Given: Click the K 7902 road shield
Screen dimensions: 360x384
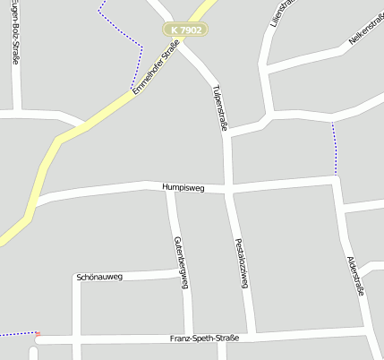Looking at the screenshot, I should pos(185,30).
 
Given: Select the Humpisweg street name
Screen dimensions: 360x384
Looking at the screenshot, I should pos(183,188).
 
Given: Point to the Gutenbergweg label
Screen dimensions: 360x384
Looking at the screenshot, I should pos(182,261).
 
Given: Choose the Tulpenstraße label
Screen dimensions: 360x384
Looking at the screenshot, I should pos(219,108).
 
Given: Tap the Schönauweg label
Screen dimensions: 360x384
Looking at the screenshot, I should pos(99,277).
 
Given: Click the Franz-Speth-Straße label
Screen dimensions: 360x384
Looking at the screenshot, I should pos(204,339).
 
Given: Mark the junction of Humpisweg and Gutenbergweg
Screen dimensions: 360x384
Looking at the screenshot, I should pos(170,188).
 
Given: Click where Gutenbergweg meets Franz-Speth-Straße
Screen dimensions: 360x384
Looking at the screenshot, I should pos(188,339).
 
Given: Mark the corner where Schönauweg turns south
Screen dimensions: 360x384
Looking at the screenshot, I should pos(76,278).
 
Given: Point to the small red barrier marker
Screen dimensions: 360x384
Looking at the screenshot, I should pos(37,335).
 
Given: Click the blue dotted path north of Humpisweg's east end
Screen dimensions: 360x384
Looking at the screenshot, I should pos(335,148).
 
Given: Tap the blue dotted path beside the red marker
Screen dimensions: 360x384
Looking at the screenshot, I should pos(16,334).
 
